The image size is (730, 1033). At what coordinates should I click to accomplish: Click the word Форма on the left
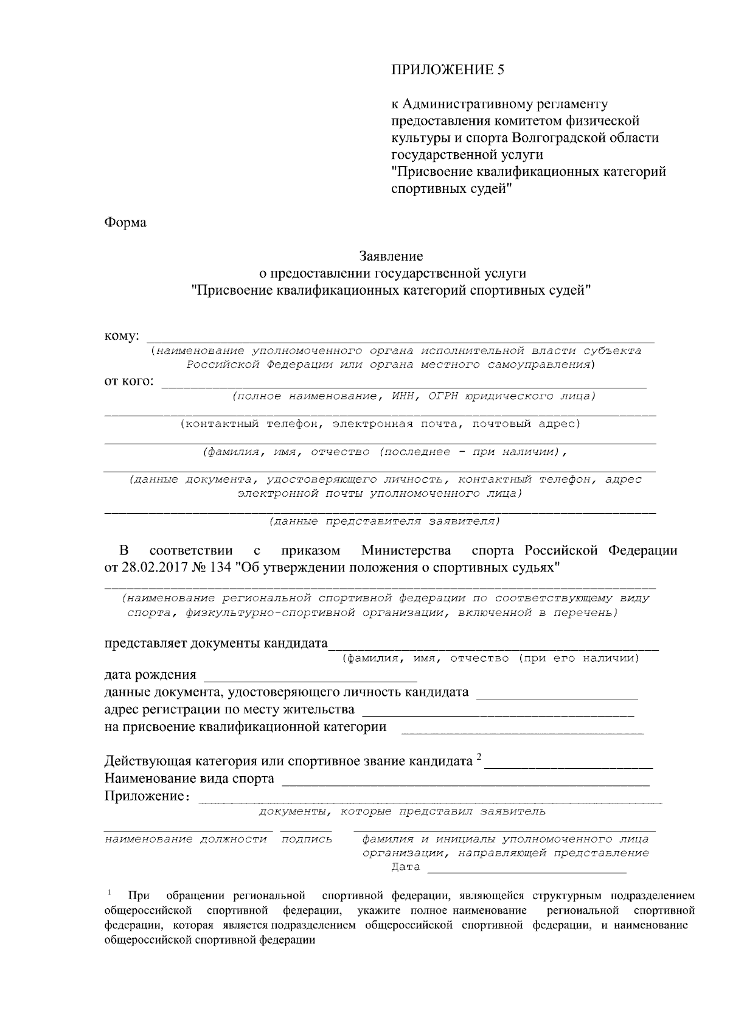[125, 223]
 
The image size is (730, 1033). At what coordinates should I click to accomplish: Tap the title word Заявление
[391, 257]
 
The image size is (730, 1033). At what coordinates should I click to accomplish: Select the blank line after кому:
[401, 341]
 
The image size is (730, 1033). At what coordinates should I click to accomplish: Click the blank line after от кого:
[403, 385]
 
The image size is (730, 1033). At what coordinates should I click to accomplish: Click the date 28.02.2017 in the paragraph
[151, 568]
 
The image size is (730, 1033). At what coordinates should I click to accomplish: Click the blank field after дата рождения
[310, 678]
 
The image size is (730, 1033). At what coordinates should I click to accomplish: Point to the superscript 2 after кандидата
[479, 757]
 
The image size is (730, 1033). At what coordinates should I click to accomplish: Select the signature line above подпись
[306, 829]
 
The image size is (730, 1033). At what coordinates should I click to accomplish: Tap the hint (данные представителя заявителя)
[384, 522]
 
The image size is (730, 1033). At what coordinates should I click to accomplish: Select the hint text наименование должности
[186, 839]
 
